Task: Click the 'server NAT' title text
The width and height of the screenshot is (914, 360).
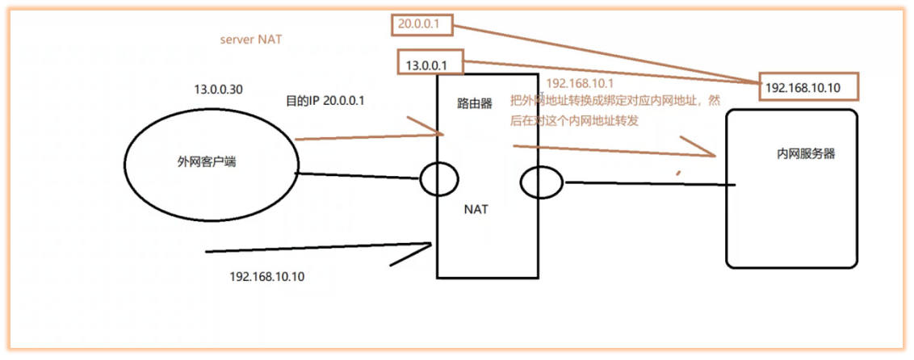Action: [251, 40]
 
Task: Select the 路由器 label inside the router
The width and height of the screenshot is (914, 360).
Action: [475, 104]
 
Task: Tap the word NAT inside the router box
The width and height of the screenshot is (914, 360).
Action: [476, 209]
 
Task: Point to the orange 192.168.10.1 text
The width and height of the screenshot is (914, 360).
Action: [580, 84]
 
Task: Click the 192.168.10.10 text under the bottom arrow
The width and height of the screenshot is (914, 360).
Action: [267, 276]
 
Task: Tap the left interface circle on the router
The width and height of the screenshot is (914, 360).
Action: [439, 178]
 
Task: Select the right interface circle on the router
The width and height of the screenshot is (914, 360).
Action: [541, 182]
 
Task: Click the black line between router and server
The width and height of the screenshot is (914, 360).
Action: [650, 184]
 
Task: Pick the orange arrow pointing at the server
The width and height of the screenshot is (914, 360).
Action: [614, 149]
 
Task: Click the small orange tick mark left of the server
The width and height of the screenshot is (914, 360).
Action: [679, 171]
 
